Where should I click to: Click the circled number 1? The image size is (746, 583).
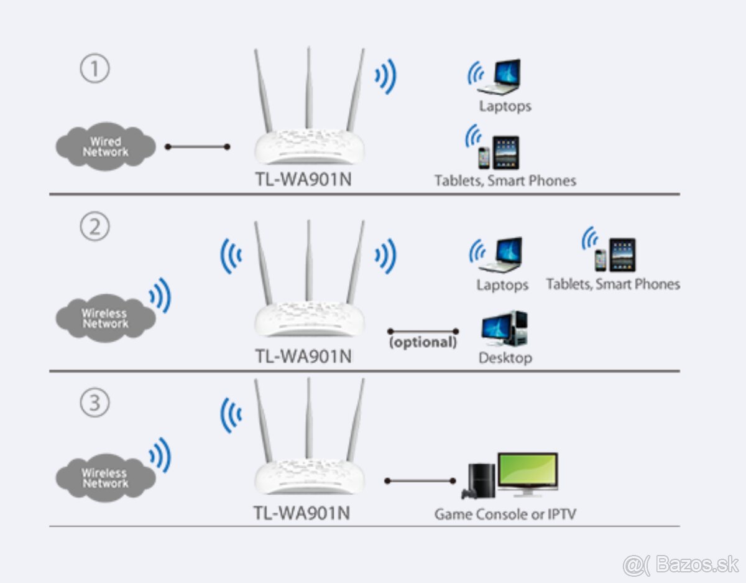(x=94, y=69)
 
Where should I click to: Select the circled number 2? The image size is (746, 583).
(x=94, y=227)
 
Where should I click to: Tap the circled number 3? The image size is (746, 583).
(x=94, y=403)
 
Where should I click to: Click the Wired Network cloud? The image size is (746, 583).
(x=105, y=147)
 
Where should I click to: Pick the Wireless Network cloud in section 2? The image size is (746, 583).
(x=105, y=319)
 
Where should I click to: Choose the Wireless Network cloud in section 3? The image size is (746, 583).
(x=105, y=478)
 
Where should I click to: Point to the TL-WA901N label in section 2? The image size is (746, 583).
(x=303, y=357)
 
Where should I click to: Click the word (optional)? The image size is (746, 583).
(x=423, y=342)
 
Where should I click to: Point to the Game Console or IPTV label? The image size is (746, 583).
(x=505, y=515)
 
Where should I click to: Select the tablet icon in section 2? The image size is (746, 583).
(x=622, y=255)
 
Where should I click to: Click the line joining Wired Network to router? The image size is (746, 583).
(x=197, y=147)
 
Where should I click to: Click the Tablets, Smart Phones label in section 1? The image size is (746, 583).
(x=505, y=180)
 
